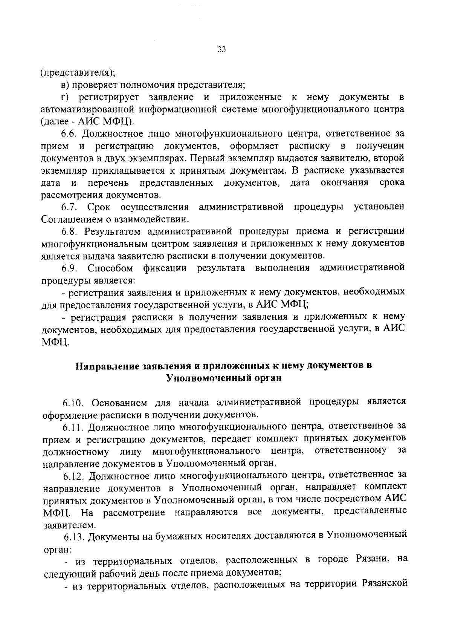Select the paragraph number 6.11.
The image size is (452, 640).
(72, 427)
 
